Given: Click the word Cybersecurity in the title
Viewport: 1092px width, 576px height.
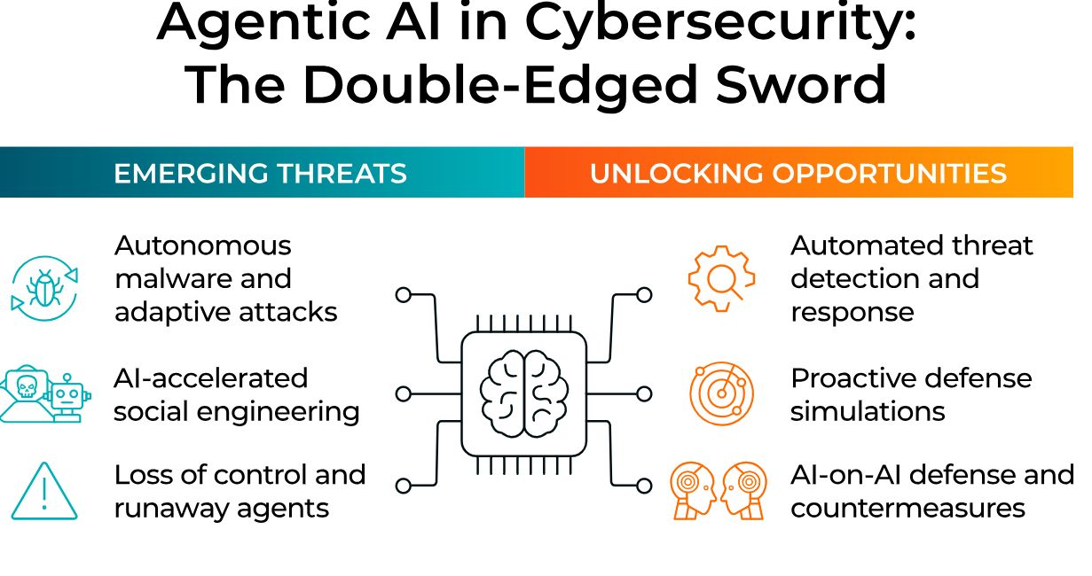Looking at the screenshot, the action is [x=720, y=23].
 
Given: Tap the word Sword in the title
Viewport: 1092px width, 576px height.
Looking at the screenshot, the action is [x=800, y=85].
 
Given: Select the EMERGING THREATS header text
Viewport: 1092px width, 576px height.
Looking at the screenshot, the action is [x=260, y=174].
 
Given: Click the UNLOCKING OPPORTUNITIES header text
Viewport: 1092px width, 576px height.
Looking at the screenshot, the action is [x=798, y=174].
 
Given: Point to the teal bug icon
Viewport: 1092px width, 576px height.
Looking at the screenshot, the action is [x=44, y=289].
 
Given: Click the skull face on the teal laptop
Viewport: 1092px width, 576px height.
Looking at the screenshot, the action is [x=27, y=387].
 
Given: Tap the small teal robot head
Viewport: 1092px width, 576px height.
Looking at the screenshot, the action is [x=67, y=396].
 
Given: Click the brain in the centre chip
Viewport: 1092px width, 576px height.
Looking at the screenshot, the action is [x=523, y=393].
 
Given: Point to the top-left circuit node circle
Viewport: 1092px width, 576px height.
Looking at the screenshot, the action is [x=404, y=295].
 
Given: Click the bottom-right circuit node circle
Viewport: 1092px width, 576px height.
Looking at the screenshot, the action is [x=644, y=486].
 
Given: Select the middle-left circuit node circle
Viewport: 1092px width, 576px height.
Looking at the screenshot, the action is [x=404, y=394].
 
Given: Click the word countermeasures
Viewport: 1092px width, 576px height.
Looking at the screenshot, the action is [x=907, y=509].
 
